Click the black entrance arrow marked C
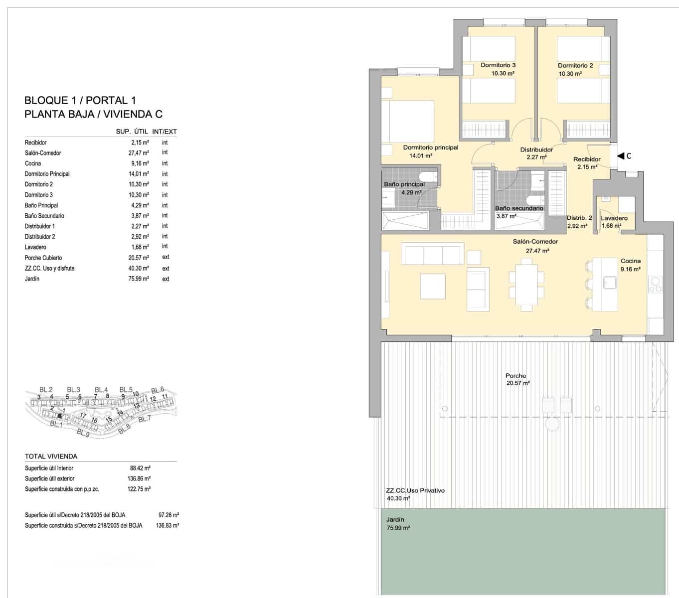[620, 156]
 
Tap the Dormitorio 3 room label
[498, 65]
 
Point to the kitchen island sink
[609, 283]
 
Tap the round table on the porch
[552, 424]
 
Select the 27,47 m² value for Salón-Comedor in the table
[139, 153]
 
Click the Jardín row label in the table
[32, 279]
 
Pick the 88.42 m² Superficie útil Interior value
[140, 468]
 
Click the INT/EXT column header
[165, 132]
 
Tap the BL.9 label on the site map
[83, 433]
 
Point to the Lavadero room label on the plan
[614, 218]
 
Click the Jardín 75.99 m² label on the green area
[397, 524]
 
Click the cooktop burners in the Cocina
[655, 284]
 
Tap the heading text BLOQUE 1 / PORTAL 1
[80, 101]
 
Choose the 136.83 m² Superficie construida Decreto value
[167, 525]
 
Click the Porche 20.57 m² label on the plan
[516, 379]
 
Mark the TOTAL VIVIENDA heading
[51, 456]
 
